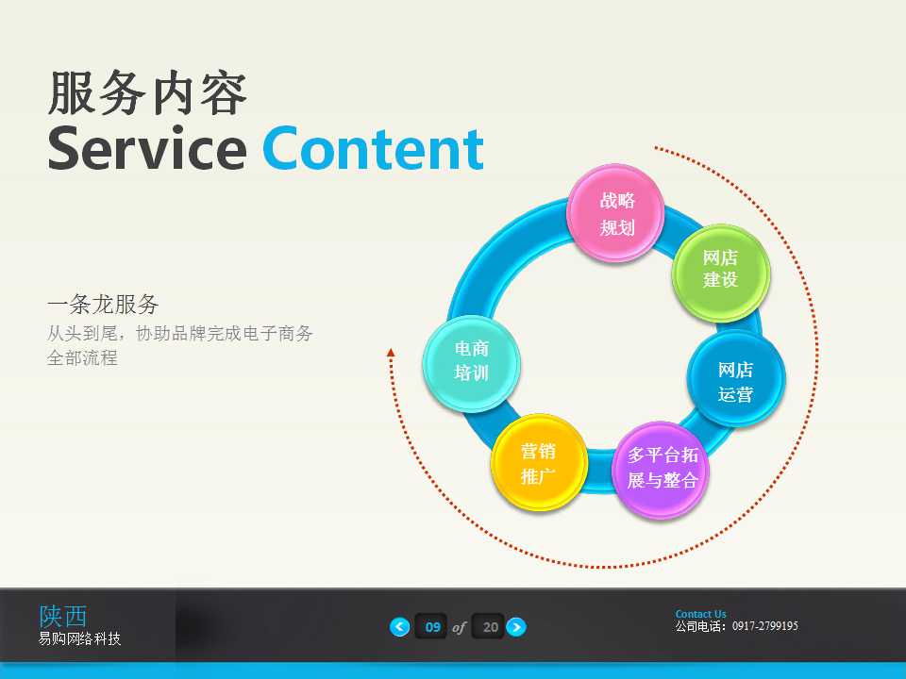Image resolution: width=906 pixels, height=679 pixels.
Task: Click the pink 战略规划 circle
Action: click(x=616, y=214)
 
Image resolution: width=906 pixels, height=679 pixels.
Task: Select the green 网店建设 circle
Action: click(x=720, y=270)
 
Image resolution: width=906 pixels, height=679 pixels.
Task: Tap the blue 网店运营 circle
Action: click(x=735, y=381)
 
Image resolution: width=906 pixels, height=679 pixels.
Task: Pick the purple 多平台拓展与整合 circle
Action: click(x=662, y=469)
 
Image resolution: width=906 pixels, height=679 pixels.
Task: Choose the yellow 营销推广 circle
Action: click(x=539, y=463)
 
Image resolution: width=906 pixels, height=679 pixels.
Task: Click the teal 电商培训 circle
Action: click(x=472, y=361)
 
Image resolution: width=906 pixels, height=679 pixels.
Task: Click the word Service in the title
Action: click(x=146, y=149)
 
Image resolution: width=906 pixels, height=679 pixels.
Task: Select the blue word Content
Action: click(x=373, y=149)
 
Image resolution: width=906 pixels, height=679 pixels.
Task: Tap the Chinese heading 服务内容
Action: click(x=147, y=93)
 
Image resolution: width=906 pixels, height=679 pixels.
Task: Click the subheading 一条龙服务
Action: click(x=103, y=305)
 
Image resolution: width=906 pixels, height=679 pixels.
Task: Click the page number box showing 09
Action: click(x=432, y=627)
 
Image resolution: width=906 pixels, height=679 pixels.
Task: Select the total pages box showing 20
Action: click(x=489, y=627)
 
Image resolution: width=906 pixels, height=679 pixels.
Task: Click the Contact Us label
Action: click(x=700, y=614)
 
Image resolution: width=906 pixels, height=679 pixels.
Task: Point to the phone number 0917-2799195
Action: click(x=764, y=626)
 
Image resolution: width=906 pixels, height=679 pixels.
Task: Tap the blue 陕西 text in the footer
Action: click(x=63, y=616)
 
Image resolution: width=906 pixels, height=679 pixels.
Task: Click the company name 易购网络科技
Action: click(x=79, y=639)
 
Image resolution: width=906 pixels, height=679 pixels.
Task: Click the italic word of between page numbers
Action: click(x=460, y=627)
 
